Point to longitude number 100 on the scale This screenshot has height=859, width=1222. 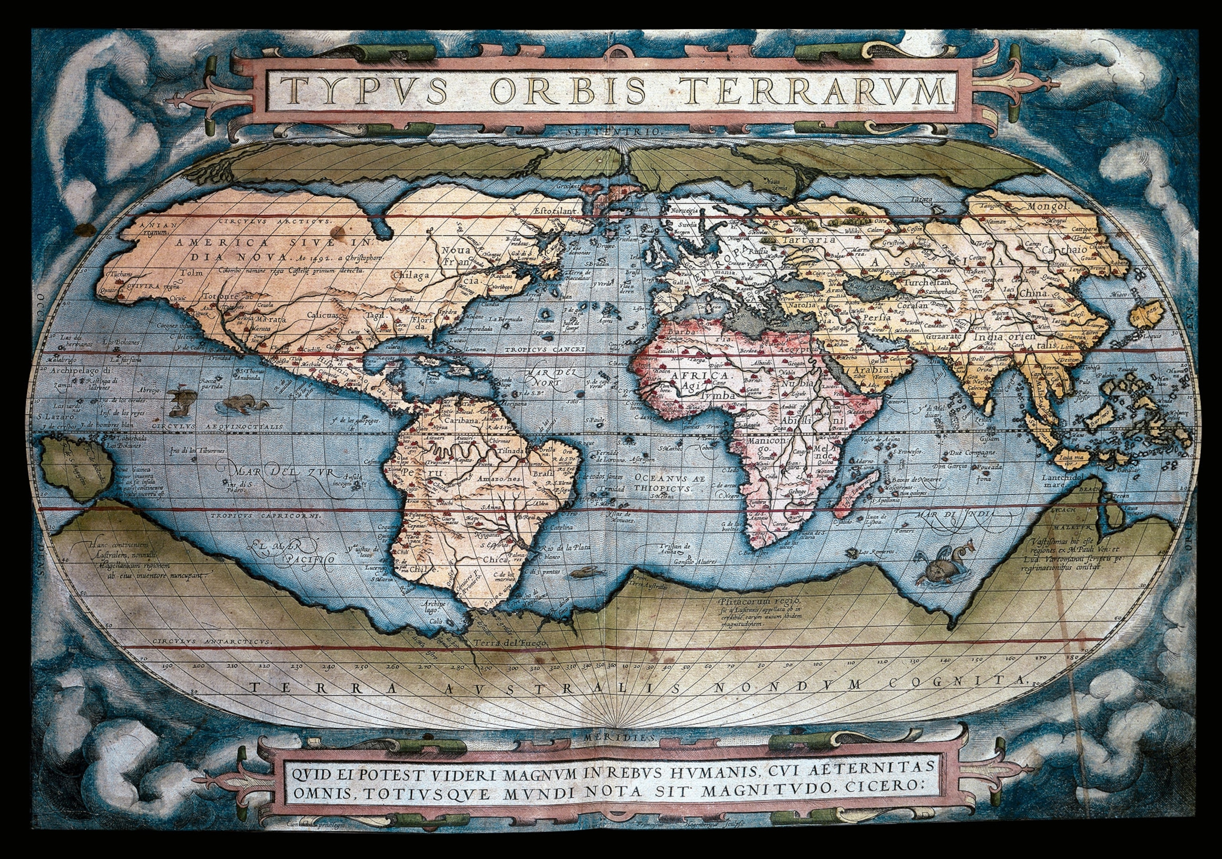tap(817, 664)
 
